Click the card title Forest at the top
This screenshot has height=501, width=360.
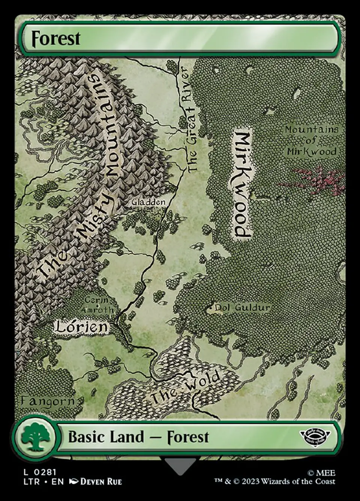click(x=56, y=38)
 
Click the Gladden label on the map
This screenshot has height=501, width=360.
click(x=148, y=202)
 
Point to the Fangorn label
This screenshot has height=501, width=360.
click(x=47, y=401)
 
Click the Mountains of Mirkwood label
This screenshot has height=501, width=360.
click(x=311, y=140)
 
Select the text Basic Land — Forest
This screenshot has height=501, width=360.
click(x=138, y=437)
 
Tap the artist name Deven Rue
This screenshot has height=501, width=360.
click(x=101, y=482)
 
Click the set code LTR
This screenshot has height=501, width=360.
click(x=31, y=482)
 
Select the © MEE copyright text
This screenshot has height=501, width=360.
click(x=321, y=473)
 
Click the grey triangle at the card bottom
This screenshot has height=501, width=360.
click(x=180, y=466)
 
